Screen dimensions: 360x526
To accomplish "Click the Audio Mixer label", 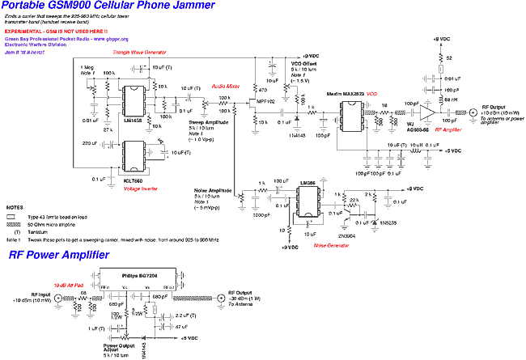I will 225,84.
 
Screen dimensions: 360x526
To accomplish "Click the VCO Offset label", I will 303,61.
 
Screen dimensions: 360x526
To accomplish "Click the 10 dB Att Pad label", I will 68,286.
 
